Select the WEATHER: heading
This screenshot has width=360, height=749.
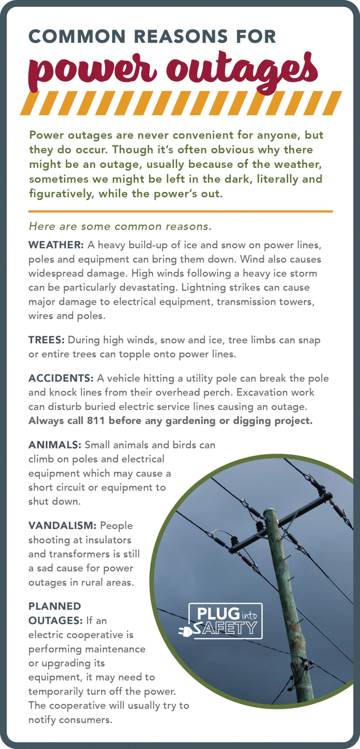pyautogui.click(x=56, y=245)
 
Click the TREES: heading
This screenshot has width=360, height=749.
pyautogui.click(x=47, y=340)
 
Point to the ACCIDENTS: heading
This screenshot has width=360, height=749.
pyautogui.click(x=61, y=378)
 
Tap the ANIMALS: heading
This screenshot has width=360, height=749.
pyautogui.click(x=55, y=445)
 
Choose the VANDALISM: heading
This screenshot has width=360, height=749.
pyautogui.click(x=62, y=525)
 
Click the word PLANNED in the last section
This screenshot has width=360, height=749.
pyautogui.click(x=55, y=606)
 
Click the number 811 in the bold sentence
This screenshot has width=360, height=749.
pyautogui.click(x=96, y=420)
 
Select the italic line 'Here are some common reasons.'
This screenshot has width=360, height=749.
pyautogui.click(x=120, y=226)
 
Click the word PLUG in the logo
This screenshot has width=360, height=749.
pyautogui.click(x=218, y=614)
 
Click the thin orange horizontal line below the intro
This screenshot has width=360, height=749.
pyautogui.click(x=181, y=211)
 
